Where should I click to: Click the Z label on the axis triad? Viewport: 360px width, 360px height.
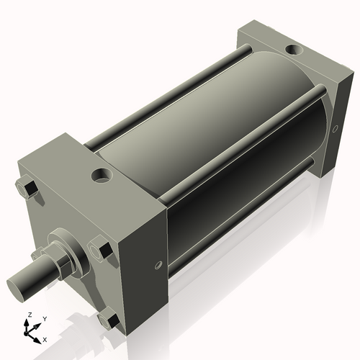coord(30,315)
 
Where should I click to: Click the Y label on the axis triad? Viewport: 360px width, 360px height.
coord(45,318)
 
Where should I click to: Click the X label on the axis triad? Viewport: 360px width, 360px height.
coord(45,338)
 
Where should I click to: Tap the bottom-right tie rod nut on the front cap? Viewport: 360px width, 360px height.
coord(109,320)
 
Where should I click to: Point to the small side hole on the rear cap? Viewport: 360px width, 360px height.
coord(336,130)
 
